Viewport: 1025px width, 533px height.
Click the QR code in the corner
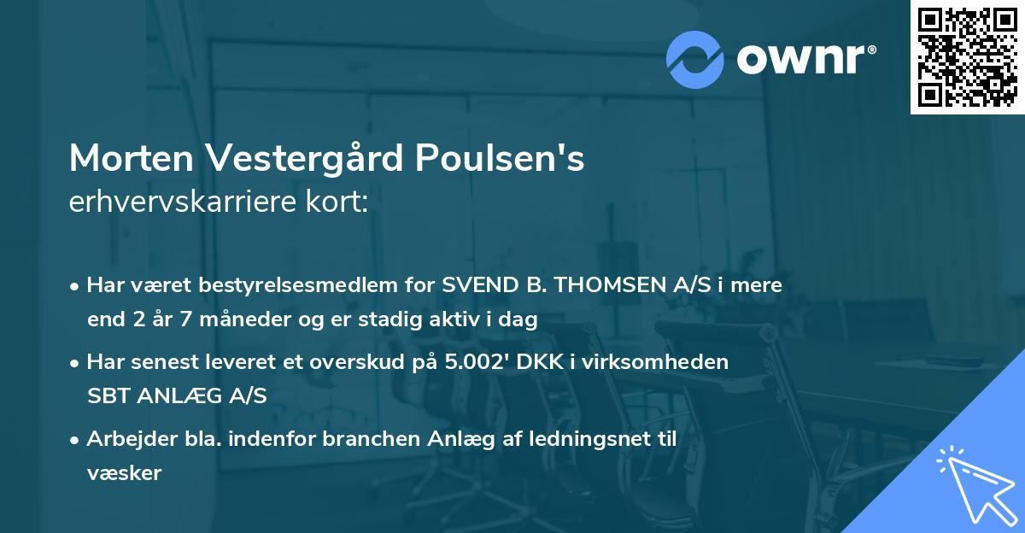pos(967,56)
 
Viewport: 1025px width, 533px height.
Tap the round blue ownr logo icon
pos(695,59)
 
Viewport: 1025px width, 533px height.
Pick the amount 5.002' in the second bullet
pos(473,361)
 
